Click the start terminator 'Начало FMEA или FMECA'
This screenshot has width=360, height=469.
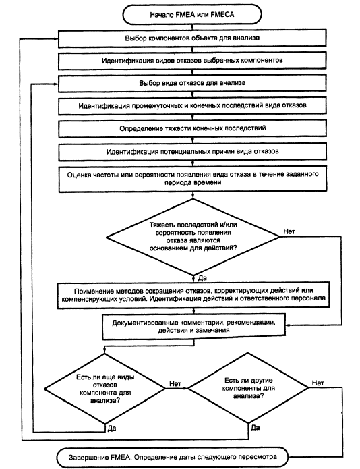click(x=192, y=14)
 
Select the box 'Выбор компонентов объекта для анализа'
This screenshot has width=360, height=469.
click(x=192, y=38)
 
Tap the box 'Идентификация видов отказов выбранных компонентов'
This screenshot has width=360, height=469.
click(x=192, y=61)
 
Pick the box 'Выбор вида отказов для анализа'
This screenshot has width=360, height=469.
click(x=192, y=83)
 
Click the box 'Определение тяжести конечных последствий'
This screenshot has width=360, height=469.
click(x=192, y=129)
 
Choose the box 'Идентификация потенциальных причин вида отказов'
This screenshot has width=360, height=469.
click(x=192, y=152)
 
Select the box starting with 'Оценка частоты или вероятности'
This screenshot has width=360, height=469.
click(x=193, y=179)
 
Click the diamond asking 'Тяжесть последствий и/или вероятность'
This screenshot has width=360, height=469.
click(x=193, y=237)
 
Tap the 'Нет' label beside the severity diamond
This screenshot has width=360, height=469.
click(x=289, y=231)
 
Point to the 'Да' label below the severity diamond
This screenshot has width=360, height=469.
click(x=202, y=278)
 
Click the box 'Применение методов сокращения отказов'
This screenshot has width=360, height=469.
click(x=193, y=295)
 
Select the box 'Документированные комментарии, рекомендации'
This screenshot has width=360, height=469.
click(x=193, y=327)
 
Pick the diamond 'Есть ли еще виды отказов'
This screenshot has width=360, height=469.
click(x=105, y=389)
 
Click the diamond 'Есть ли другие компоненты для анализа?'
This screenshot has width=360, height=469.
click(x=248, y=388)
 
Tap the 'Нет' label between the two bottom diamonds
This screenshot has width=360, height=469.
click(x=175, y=383)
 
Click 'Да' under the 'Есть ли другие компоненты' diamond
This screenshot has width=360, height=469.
click(x=255, y=428)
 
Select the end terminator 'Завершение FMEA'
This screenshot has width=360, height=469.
click(x=173, y=457)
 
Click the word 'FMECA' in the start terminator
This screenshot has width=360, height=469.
click(x=222, y=14)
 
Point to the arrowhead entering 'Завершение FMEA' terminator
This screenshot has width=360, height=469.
click(x=291, y=457)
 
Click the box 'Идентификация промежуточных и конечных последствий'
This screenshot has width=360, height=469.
click(x=192, y=106)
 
